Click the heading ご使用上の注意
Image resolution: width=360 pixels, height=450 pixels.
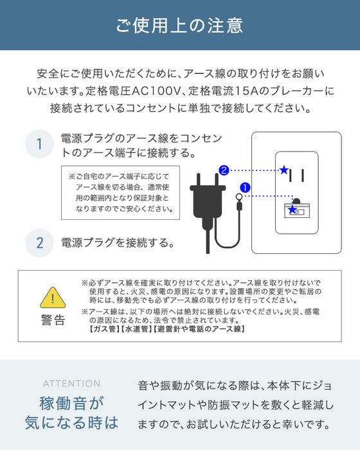180,26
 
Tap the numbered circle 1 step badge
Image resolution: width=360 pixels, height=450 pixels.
39,145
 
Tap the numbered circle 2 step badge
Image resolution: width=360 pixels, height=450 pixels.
39,243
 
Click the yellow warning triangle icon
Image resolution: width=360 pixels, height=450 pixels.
53,298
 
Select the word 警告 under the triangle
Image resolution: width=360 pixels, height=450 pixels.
53,320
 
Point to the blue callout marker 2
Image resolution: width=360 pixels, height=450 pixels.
223,170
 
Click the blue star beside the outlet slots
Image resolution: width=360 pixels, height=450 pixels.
283,170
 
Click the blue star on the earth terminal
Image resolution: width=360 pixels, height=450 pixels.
292,210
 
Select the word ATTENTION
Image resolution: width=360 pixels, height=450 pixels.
71,384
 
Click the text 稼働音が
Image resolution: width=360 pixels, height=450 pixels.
71,403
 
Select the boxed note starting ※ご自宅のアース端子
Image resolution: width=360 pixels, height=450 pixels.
120,192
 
